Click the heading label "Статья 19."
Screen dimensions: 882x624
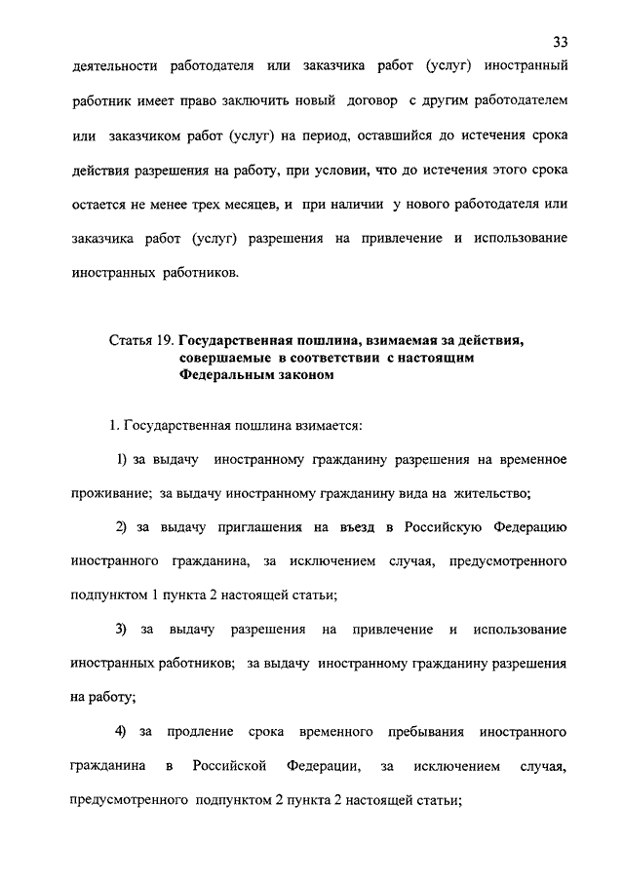point(139,340)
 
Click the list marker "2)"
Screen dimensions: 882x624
point(123,527)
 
